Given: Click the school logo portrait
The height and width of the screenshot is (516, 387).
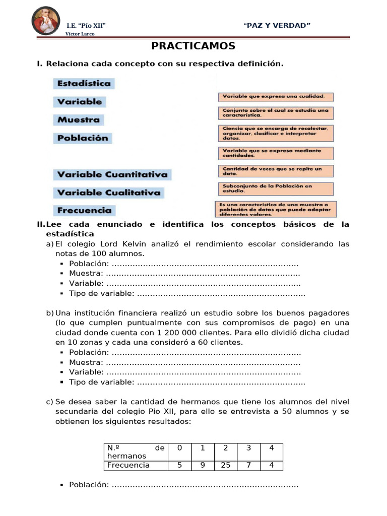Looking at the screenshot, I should point(46,21).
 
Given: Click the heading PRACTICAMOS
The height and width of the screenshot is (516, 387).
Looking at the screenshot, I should point(193,46).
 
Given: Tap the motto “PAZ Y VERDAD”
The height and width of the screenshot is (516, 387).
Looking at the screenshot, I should point(277,26).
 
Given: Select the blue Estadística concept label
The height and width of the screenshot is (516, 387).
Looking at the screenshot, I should point(84,84).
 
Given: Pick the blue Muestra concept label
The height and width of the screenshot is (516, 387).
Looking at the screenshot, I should point(79,120).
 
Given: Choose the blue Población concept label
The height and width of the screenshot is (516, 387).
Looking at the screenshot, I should point(83,138).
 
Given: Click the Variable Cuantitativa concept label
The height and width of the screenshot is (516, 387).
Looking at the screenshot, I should point(112,175).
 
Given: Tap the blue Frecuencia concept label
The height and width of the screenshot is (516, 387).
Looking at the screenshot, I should point(84,211).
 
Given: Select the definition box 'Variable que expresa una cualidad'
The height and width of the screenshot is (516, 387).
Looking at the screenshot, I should point(276,96).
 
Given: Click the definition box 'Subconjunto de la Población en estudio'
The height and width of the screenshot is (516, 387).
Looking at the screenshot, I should point(276,188).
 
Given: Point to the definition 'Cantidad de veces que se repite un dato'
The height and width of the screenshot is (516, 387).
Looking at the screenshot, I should point(276,171).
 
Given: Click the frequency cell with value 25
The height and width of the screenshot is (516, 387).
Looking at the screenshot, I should point(226,465).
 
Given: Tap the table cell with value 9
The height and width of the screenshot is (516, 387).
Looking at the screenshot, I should point(203,465).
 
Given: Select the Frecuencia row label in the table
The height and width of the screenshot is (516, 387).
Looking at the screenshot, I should point(128,465).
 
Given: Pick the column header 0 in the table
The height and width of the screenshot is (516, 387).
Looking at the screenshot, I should point(179,448).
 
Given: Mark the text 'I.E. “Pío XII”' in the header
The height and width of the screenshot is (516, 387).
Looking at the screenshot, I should point(86,26).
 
